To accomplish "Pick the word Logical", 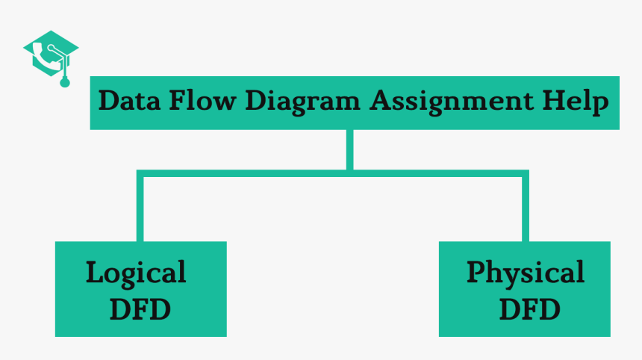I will pos(136,273).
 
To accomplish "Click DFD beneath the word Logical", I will pos(140,308).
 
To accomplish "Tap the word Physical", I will pos(525,273).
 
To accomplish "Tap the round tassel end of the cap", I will pos(65,82).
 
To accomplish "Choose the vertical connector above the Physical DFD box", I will pos(525,209).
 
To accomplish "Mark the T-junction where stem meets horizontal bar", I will pos(349,173).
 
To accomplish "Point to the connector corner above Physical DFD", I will pos(525,173).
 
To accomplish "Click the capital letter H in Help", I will pos(550,101).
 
